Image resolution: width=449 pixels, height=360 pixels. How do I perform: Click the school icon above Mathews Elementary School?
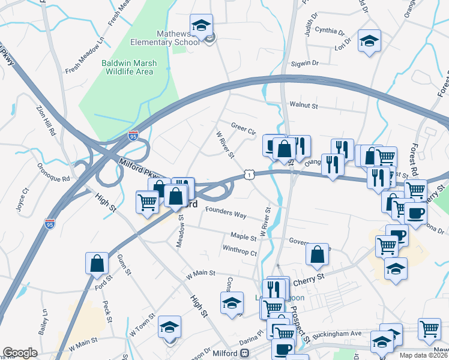click(x=202, y=25)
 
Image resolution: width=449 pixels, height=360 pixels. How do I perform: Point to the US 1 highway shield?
click(x=249, y=174)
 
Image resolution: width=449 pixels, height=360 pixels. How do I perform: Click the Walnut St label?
click(x=303, y=106)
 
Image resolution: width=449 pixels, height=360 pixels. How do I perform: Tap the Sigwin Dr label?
click(x=305, y=62)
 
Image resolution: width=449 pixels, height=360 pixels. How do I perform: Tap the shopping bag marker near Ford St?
click(x=97, y=263)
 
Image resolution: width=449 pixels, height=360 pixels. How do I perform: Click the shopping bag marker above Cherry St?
click(x=317, y=254)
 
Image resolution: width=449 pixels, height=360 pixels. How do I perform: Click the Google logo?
click(x=20, y=353)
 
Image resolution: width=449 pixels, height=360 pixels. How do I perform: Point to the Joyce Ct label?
click(x=22, y=200)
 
